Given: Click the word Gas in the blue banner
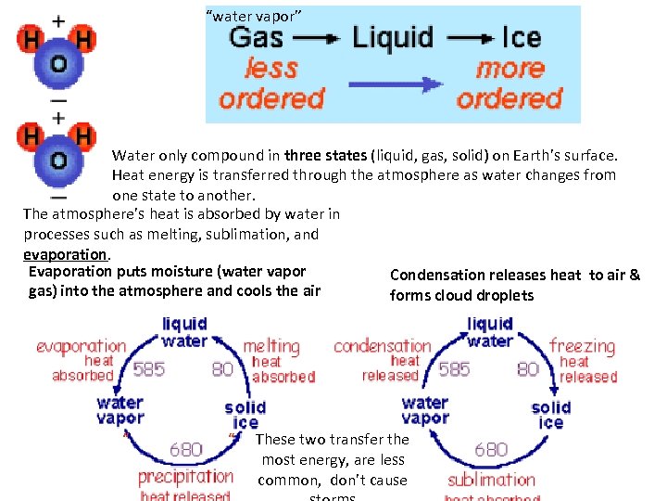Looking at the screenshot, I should point(256,37).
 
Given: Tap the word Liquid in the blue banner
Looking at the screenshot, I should point(393,37).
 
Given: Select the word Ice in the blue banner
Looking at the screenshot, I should point(521,37).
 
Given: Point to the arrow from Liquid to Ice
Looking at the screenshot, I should point(469,39).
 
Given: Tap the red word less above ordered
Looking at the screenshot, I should point(271,69).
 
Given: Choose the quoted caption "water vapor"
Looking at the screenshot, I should point(252,16).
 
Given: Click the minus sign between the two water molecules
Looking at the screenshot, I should point(57,99).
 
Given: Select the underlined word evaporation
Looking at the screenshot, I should point(66,254).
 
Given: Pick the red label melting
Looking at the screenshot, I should point(271,346).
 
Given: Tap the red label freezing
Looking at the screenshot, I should point(582,346).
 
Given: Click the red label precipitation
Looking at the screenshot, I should point(185,477).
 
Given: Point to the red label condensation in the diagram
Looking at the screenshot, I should point(382,346).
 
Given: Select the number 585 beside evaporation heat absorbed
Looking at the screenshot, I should point(149,369).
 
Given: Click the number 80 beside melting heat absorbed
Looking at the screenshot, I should point(222,369).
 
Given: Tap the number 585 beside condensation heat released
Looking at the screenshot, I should point(454,369).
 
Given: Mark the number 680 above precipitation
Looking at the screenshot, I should point(185,450).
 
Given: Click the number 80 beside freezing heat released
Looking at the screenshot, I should point(528,369).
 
